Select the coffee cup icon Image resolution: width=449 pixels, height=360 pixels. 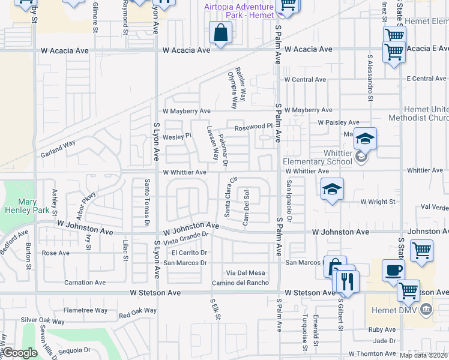click(393, 270)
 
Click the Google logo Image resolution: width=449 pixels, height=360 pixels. click(20, 353)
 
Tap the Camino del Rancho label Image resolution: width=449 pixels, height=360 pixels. click(240, 283)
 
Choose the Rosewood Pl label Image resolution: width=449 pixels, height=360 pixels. click(253, 127)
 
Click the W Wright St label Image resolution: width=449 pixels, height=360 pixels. click(378, 202)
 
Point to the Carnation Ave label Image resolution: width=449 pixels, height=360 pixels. click(85, 283)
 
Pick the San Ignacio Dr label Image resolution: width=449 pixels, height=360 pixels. click(289, 201)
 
